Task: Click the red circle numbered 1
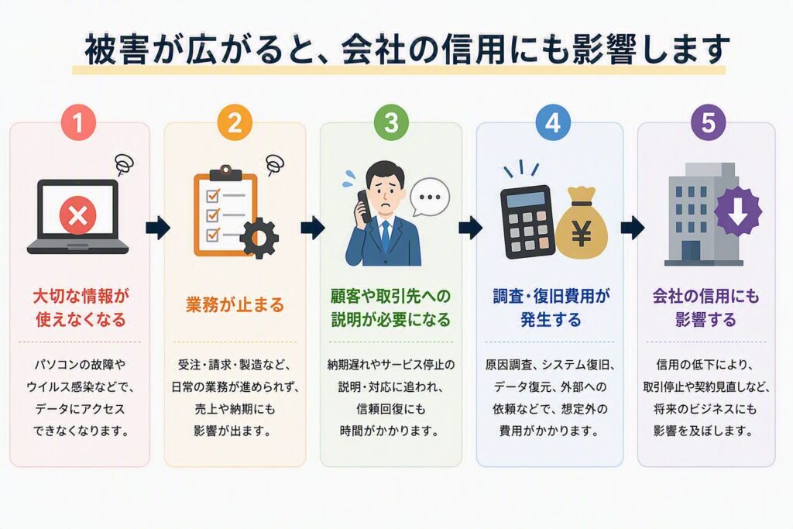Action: tap(78, 123)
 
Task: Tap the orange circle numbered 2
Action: tap(235, 123)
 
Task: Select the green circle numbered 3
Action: tap(391, 123)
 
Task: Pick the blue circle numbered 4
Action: tap(553, 123)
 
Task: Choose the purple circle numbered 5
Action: tap(708, 123)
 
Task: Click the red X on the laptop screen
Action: tap(78, 216)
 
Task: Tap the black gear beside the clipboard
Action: tap(259, 238)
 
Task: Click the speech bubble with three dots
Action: tap(430, 198)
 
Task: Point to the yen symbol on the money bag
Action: tap(582, 234)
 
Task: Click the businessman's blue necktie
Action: tap(386, 236)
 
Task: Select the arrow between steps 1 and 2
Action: tap(158, 228)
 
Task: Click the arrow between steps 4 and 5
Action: tap(632, 228)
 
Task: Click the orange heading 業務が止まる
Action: tap(235, 305)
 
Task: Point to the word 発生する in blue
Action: tap(551, 320)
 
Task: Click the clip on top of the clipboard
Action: tap(225, 173)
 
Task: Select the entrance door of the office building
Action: tap(691, 252)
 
